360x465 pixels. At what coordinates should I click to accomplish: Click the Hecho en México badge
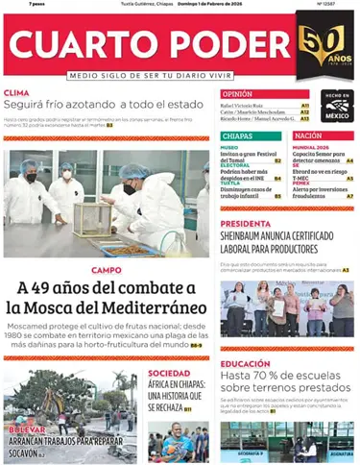335,104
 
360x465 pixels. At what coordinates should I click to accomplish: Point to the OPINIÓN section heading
238,94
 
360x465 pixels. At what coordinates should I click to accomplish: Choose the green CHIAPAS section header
238,136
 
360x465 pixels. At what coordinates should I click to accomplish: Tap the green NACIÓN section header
308,136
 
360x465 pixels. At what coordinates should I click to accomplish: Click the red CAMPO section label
106,270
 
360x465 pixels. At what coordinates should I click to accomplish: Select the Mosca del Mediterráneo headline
106,298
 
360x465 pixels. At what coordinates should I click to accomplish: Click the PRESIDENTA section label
246,224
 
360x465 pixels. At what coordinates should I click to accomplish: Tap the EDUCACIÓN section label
245,364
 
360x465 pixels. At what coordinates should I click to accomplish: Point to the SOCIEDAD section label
169,373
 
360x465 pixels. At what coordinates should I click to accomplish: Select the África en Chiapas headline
176,394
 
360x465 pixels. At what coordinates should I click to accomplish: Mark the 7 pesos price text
13,4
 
